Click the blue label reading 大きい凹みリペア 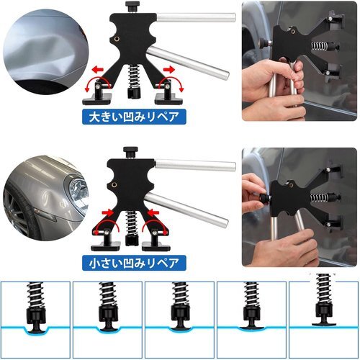point(134,117)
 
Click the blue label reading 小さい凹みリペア point(134,263)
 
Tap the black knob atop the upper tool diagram point(132,6)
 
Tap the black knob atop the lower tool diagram point(130,152)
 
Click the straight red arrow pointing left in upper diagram point(97,70)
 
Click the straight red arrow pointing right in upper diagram point(168,70)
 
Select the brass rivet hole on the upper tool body point(117,39)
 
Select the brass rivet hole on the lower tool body point(114,185)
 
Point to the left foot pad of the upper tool point(97,99)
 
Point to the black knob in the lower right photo point(264,199)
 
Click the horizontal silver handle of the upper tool point(196,18)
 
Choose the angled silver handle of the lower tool point(186,210)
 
